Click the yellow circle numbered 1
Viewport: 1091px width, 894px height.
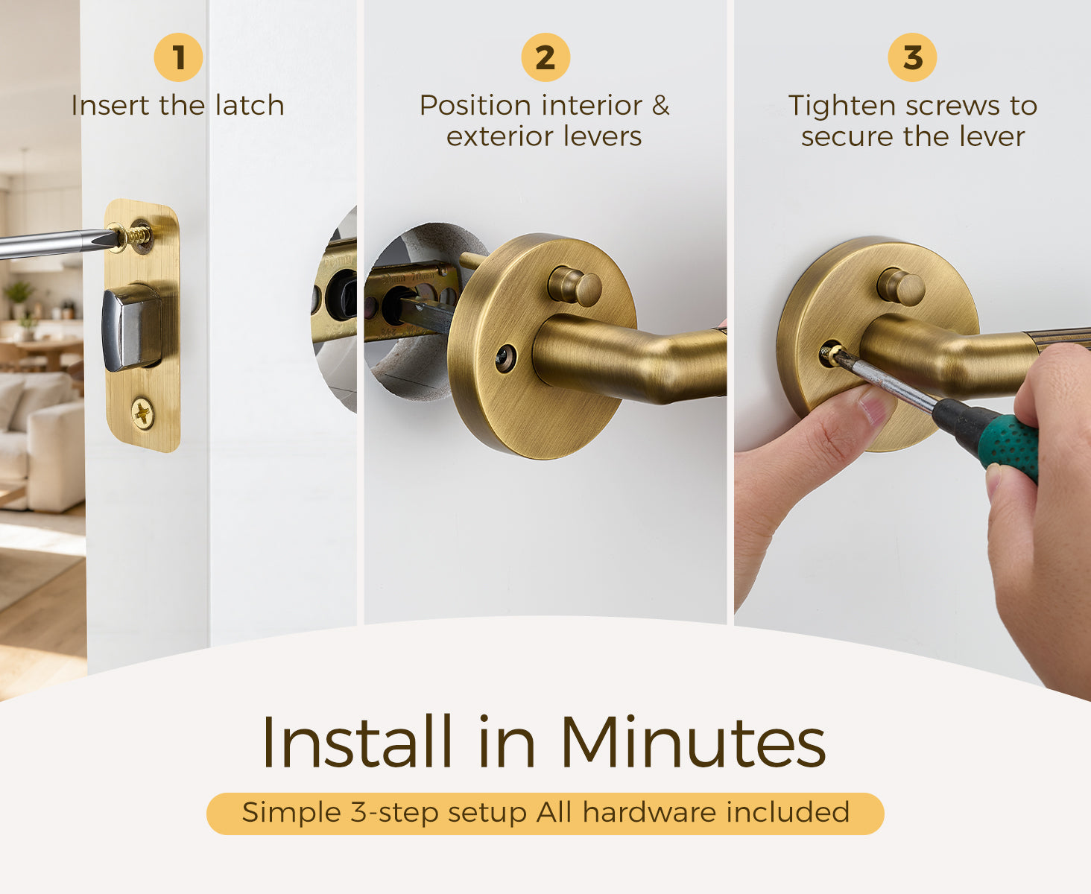(x=178, y=57)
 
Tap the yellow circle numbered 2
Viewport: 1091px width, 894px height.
(x=545, y=57)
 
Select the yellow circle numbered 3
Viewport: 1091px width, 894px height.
(x=913, y=57)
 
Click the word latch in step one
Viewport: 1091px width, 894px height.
(x=250, y=106)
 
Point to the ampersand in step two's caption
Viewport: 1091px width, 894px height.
(x=660, y=106)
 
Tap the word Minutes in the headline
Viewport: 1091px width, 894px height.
(x=692, y=742)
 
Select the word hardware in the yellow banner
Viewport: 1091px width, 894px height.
(x=649, y=812)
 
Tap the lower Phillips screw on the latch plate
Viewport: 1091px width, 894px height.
(x=142, y=413)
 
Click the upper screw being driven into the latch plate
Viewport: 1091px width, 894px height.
(x=139, y=235)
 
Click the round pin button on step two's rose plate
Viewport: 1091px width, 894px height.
(x=575, y=286)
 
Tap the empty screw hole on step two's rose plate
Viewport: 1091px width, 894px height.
(x=505, y=358)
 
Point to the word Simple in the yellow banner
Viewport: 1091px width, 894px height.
(x=291, y=813)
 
